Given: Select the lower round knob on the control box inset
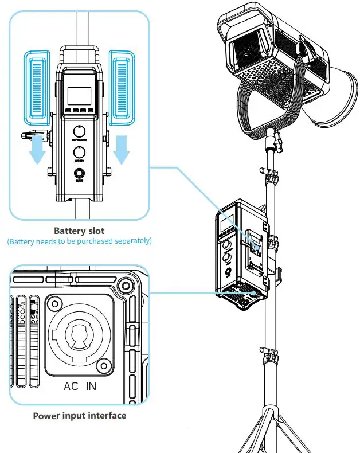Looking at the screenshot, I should coord(79,152).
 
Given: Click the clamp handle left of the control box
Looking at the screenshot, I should coord(29,136).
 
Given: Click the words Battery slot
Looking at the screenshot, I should coord(79,231).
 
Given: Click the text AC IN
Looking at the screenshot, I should coord(79,386).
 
